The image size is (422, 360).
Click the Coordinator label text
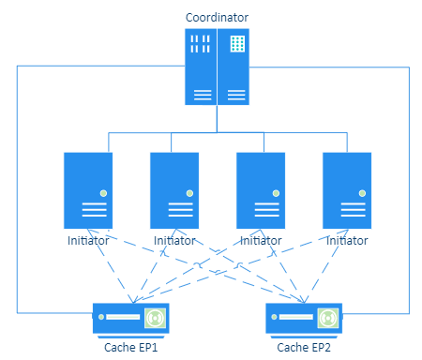pyautogui.click(x=217, y=18)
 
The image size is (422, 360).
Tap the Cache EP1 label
pyautogui.click(x=131, y=348)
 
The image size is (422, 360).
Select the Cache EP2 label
pyautogui.click(x=304, y=348)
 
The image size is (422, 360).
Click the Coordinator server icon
pyautogui.click(x=217, y=67)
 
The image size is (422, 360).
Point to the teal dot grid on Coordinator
pyautogui.click(x=237, y=43)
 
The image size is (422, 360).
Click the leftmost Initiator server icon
pyautogui.click(x=88, y=190)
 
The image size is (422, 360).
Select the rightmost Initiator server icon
pyautogui.click(x=347, y=190)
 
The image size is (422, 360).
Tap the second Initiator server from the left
pyautogui.click(x=174, y=190)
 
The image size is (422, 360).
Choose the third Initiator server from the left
pyautogui.click(x=261, y=190)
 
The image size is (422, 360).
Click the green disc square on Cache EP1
pyautogui.click(x=155, y=318)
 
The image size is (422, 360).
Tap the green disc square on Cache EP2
pyautogui.click(x=328, y=318)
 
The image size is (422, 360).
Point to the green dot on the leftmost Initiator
pyautogui.click(x=103, y=193)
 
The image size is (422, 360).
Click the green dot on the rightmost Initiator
pyautogui.click(x=362, y=193)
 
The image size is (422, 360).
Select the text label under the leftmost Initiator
pyautogui.click(x=88, y=241)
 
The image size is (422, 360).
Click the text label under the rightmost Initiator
pyautogui.click(x=347, y=241)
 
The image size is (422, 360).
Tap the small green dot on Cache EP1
pyautogui.click(x=101, y=317)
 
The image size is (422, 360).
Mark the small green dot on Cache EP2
pyautogui.click(x=274, y=317)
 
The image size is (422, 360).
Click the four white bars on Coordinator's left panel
pyautogui.click(x=201, y=44)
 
